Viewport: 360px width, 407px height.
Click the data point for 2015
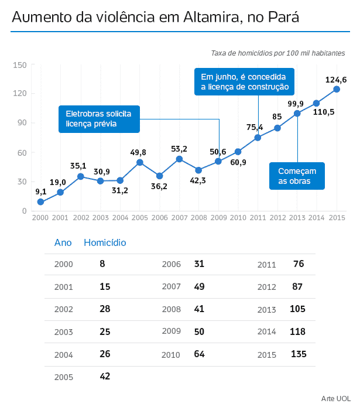[337, 89]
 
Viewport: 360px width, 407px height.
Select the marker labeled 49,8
[140, 162]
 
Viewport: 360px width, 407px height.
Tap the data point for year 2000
[40, 202]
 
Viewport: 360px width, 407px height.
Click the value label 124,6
[336, 80]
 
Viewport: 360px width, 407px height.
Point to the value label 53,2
[179, 149]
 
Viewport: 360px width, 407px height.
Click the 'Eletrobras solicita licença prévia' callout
[99, 119]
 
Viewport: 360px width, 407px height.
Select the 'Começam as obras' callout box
[297, 176]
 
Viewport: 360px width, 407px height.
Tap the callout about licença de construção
[245, 82]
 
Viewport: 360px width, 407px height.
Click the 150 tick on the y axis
[20, 64]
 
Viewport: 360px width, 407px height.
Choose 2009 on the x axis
[218, 217]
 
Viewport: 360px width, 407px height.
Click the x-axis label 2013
[297, 217]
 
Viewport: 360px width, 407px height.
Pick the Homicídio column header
[105, 242]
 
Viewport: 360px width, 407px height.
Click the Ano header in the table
[63, 242]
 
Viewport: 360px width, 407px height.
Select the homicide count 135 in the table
[299, 354]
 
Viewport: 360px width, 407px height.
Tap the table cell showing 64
[198, 354]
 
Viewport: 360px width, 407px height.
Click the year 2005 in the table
[63, 377]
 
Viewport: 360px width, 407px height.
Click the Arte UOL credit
[335, 398]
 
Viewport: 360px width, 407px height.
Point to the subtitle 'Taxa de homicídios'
[278, 53]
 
